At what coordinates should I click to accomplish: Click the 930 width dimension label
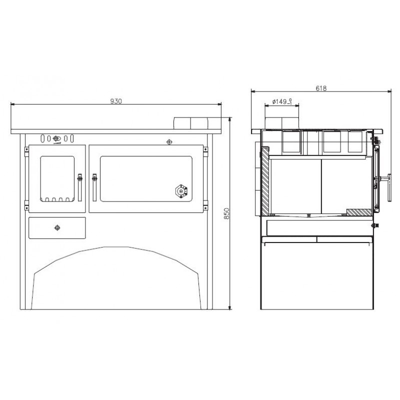click(x=116, y=101)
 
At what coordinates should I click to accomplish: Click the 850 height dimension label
click(x=226, y=213)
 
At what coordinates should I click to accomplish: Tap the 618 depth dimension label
click(x=321, y=88)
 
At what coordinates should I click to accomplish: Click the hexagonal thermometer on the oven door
click(x=181, y=191)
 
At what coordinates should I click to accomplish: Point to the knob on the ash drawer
click(x=57, y=227)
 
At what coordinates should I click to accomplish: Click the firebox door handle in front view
click(x=80, y=187)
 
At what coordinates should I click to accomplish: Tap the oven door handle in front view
click(x=94, y=187)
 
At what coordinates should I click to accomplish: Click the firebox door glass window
click(x=57, y=179)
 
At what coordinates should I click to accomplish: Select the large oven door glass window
click(x=146, y=179)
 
